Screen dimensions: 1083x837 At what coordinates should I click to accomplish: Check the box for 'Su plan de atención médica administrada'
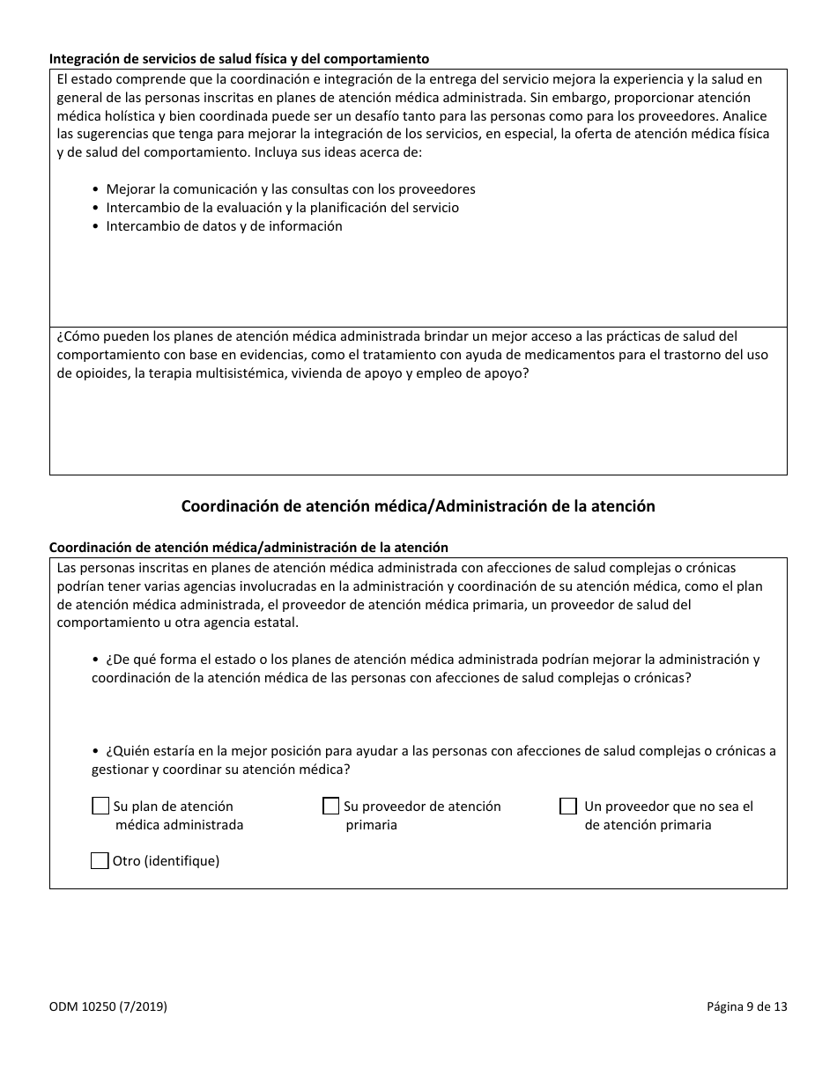(100, 807)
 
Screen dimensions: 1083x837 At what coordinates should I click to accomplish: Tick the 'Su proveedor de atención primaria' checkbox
(330, 807)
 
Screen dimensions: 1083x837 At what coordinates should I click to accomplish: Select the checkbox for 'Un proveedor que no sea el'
(568, 807)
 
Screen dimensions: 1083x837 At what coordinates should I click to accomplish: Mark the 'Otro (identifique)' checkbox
(100, 861)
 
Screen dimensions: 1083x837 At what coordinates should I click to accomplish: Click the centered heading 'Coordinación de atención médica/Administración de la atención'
(418, 506)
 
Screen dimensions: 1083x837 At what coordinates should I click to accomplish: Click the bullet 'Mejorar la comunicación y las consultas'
(290, 189)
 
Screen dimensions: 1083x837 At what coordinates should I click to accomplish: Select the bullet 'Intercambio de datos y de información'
(224, 226)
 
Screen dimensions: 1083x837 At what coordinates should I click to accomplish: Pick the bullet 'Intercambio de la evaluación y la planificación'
(282, 208)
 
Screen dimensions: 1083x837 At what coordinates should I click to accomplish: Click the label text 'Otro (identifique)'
(166, 861)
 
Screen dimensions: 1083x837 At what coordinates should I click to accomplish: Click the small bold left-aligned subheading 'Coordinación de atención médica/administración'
(248, 548)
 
